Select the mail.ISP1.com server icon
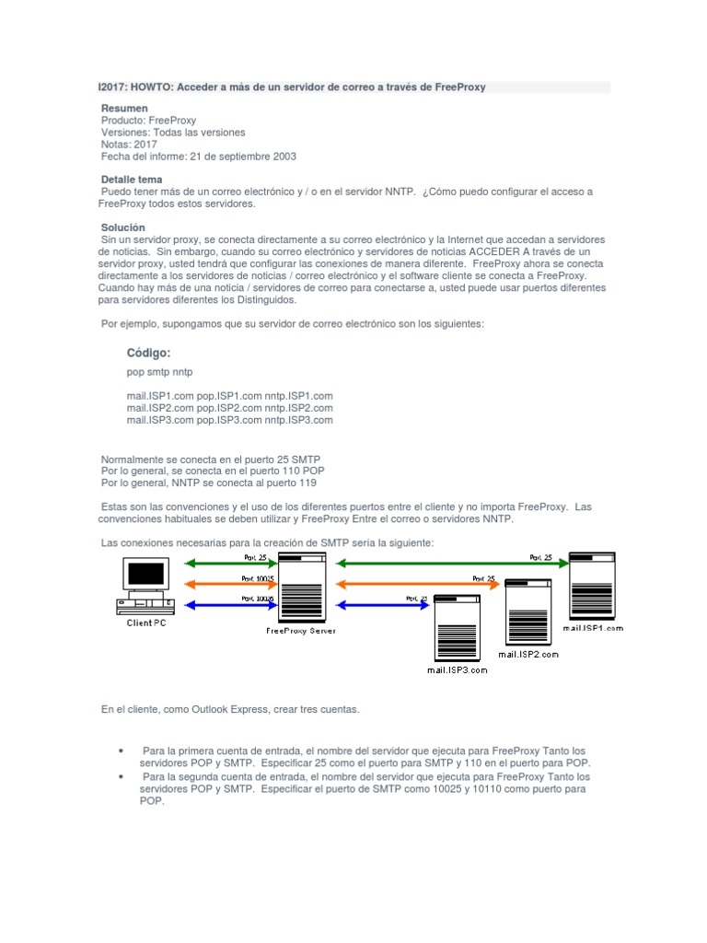coord(591,586)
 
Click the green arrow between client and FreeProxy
coord(230,563)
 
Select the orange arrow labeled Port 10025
coord(230,584)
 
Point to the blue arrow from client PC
coord(230,604)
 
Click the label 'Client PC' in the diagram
coord(147,623)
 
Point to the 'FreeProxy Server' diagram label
coord(301,631)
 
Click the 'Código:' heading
coord(148,353)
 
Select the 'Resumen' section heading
coord(123,109)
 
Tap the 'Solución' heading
coord(122,227)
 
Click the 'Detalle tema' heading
coord(131,179)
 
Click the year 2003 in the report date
coord(284,157)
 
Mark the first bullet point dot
coord(122,751)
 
